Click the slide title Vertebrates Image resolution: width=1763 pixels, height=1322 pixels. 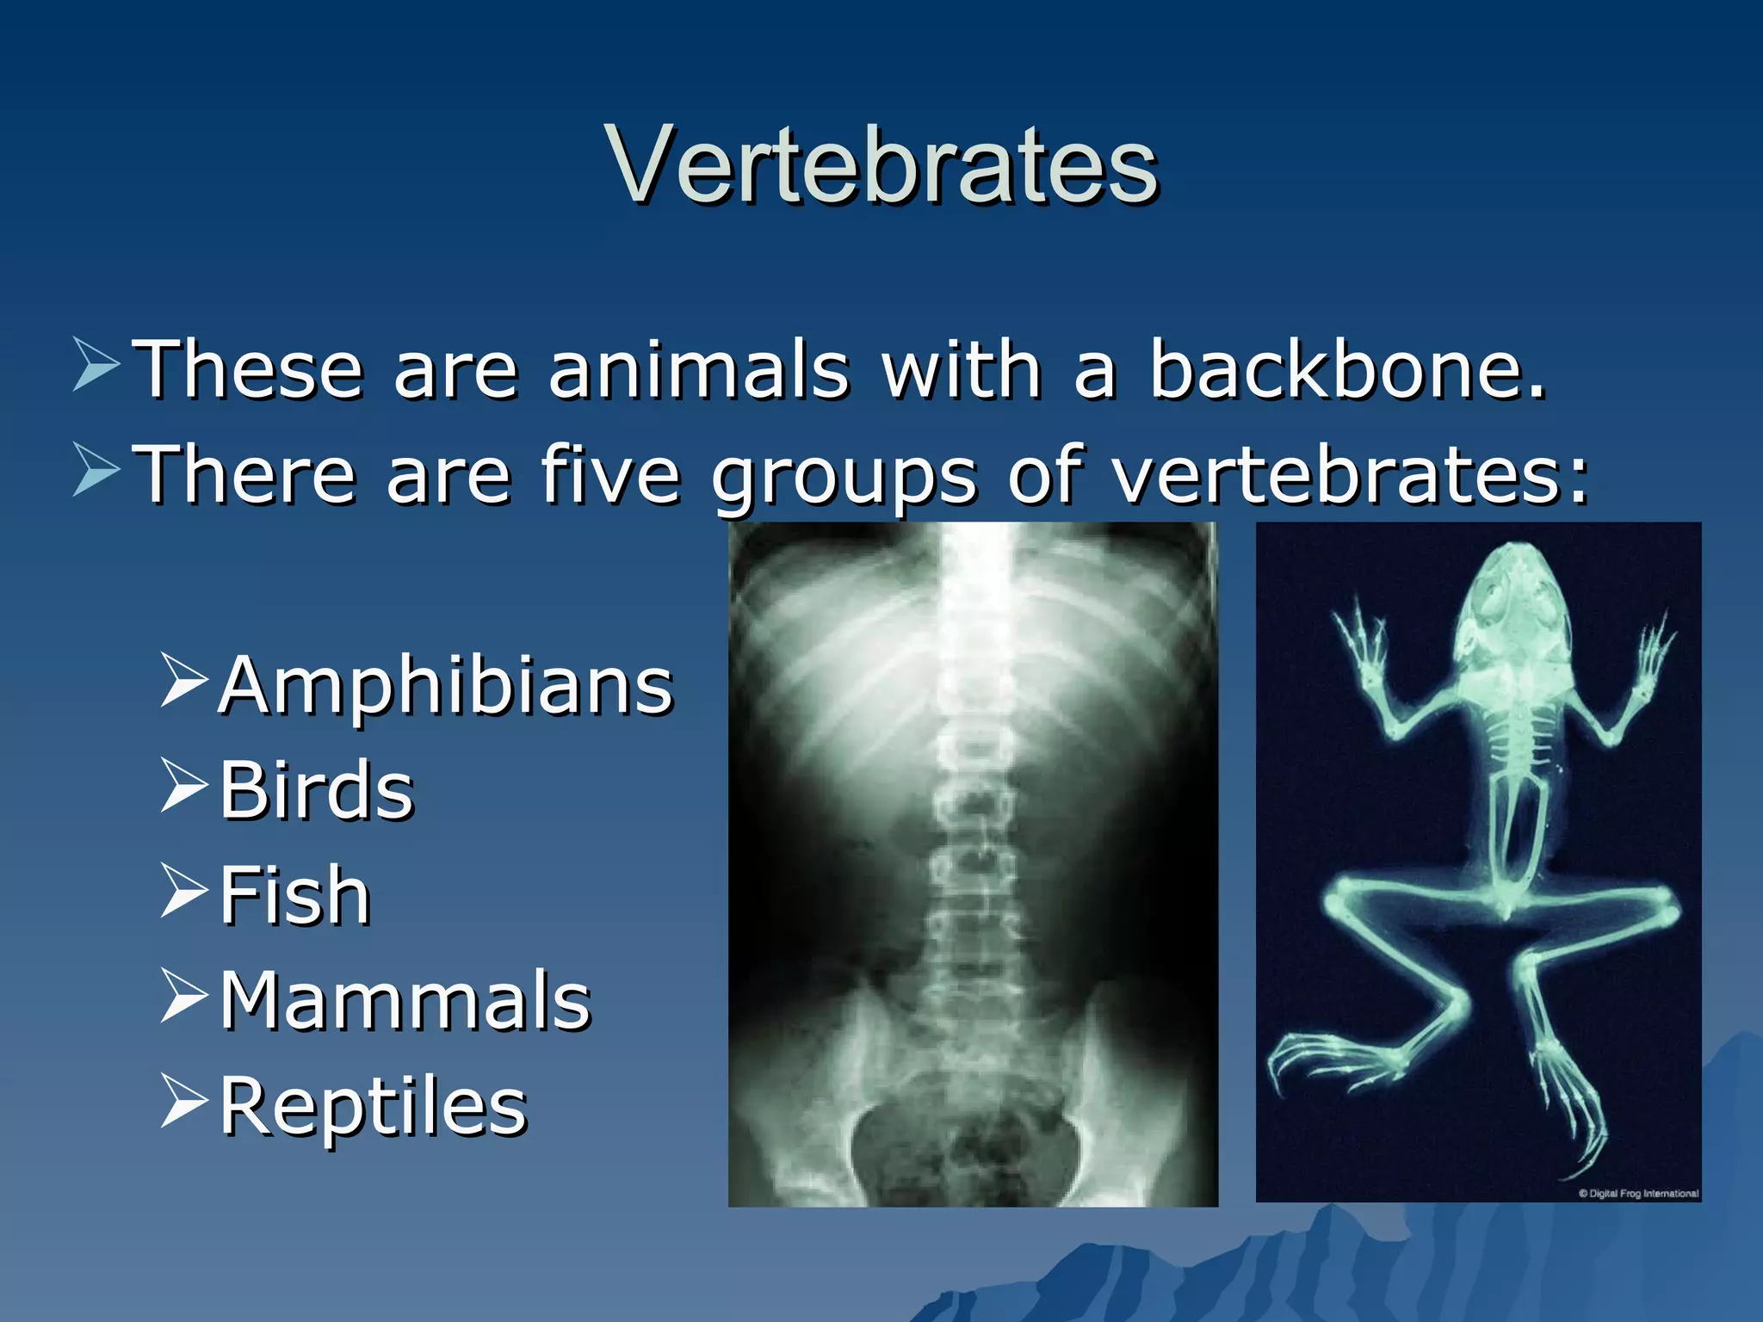click(x=881, y=165)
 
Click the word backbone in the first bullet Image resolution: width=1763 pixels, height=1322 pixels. click(x=1347, y=370)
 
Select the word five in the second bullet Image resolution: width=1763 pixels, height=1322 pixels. click(x=609, y=474)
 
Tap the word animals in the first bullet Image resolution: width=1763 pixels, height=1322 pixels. click(x=698, y=370)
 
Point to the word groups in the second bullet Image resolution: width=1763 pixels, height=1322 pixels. click(x=844, y=478)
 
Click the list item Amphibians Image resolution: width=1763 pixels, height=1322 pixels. click(x=445, y=685)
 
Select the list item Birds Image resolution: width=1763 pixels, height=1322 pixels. click(x=317, y=790)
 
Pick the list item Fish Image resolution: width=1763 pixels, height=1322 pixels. click(x=295, y=895)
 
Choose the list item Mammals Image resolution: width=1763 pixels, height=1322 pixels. click(x=405, y=1000)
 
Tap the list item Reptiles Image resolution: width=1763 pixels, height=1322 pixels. click(x=373, y=1106)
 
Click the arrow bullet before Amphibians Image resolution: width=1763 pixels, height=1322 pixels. click(x=183, y=681)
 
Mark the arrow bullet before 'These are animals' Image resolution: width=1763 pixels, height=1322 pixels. click(x=96, y=365)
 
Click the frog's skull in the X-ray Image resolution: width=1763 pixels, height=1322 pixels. click(x=1517, y=607)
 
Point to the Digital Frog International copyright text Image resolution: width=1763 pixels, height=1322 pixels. click(x=1638, y=1193)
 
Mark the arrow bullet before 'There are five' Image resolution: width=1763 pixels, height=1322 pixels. click(x=96, y=470)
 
